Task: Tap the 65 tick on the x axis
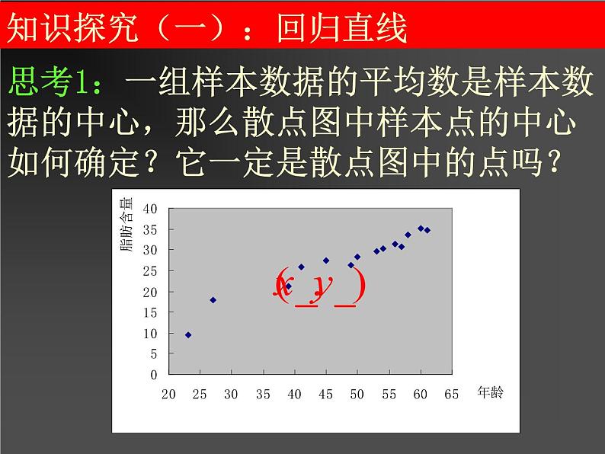click(x=451, y=394)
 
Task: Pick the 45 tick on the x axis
click(x=325, y=394)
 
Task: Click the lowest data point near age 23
click(x=188, y=335)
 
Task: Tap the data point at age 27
click(x=213, y=300)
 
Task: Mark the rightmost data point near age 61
click(x=427, y=230)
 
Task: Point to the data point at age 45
click(x=326, y=261)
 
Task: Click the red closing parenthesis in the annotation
click(x=359, y=288)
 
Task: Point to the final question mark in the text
click(x=578, y=160)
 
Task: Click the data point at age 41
click(x=301, y=267)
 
